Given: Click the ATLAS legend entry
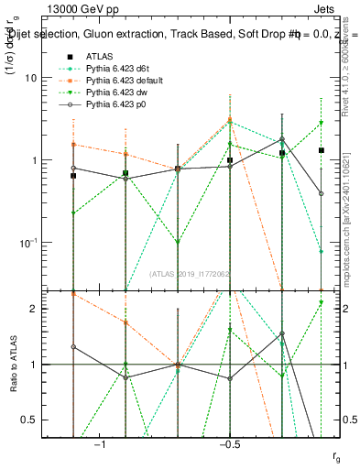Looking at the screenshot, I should click(101, 56).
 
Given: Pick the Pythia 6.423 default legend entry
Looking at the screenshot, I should click(124, 82).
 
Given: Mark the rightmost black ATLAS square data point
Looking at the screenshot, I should click(322, 150).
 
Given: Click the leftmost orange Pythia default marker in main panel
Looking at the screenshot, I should click(73, 145).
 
